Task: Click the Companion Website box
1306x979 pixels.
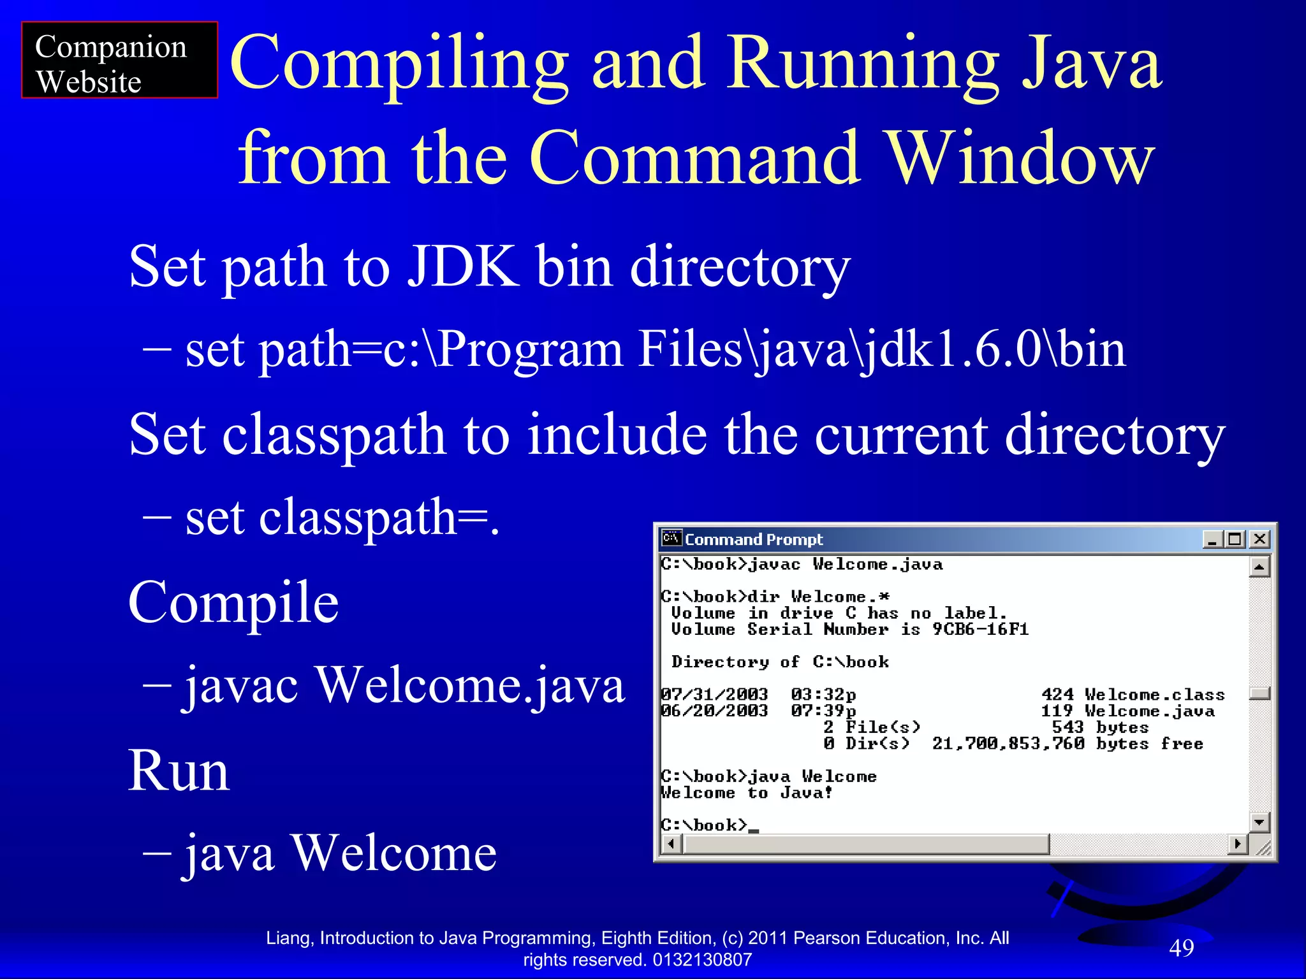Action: [119, 60]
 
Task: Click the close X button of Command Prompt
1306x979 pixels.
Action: [1259, 539]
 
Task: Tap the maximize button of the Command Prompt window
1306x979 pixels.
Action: [1235, 539]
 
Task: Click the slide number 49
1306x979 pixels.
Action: [1181, 948]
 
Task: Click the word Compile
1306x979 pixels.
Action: [233, 602]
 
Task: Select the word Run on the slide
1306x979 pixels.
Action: [179, 771]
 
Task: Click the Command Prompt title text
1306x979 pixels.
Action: [754, 540]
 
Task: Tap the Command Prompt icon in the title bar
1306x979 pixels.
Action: [671, 539]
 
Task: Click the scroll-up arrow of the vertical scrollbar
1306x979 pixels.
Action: [1259, 567]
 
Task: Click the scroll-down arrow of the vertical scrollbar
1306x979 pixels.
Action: [1259, 822]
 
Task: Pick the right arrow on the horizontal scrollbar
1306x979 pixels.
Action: [1237, 845]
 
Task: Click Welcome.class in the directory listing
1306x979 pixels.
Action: [1154, 695]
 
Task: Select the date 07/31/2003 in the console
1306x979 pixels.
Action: [714, 694]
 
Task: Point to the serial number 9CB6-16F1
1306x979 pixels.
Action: [980, 630]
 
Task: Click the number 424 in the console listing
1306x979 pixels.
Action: [1057, 694]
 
